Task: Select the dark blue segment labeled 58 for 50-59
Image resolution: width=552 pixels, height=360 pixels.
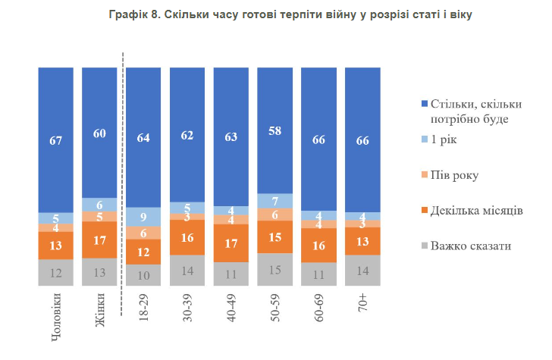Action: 275,130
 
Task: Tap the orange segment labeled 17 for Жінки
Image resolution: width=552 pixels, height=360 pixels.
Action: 99,239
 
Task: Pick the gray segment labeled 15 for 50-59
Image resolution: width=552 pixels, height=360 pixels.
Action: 275,269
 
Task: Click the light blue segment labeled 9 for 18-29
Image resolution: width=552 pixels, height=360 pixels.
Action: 143,217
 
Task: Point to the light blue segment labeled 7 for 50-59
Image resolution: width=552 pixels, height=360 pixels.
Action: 275,200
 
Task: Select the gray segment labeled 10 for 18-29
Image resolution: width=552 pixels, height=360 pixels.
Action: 143,274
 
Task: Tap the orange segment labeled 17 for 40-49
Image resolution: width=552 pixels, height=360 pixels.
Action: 231,243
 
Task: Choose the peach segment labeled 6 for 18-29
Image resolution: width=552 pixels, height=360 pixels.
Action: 143,233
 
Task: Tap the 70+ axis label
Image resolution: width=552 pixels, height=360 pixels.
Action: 363,306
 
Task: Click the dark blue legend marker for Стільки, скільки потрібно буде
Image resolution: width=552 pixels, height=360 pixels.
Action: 422,104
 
